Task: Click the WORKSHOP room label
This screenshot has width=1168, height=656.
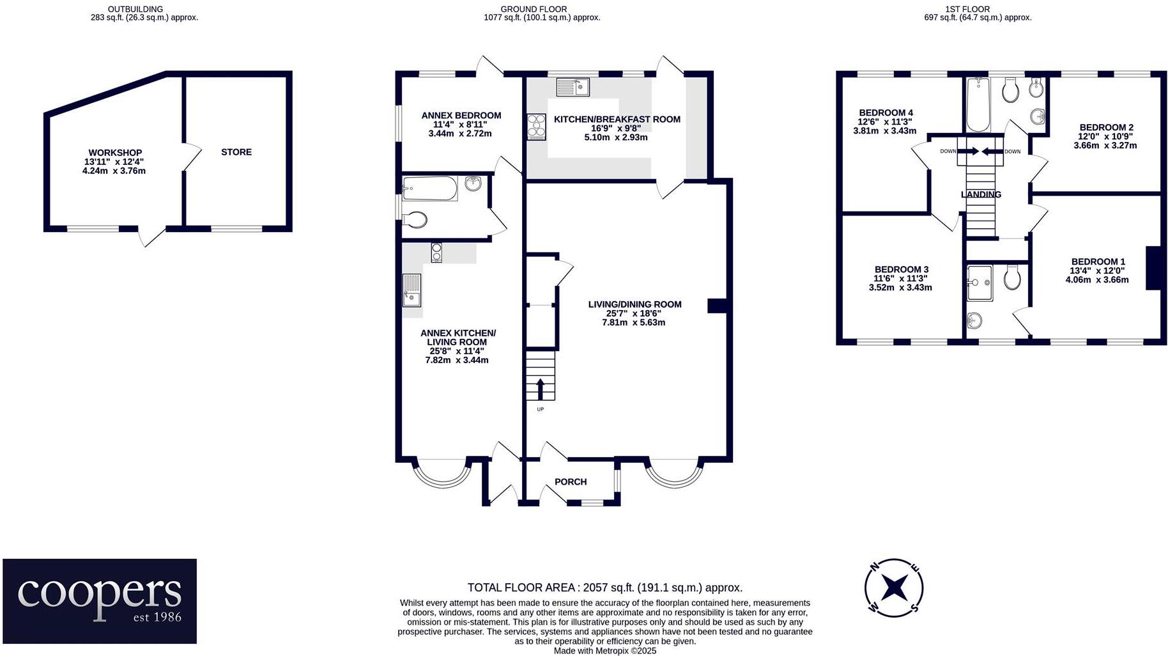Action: pyautogui.click(x=115, y=153)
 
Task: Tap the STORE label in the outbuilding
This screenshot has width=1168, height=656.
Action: pyautogui.click(x=236, y=152)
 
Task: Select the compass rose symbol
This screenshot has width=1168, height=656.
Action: pyautogui.click(x=893, y=587)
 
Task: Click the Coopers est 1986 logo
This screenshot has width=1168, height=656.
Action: pyautogui.click(x=100, y=600)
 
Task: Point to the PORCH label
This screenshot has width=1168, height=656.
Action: pyautogui.click(x=570, y=482)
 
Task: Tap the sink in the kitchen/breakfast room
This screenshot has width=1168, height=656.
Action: pyautogui.click(x=572, y=87)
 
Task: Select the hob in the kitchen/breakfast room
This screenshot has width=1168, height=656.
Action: pyautogui.click(x=536, y=126)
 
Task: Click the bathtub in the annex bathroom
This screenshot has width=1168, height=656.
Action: pyautogui.click(x=430, y=189)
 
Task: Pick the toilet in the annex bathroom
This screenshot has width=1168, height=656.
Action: pyautogui.click(x=415, y=220)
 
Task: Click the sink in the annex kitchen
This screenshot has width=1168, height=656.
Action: pyautogui.click(x=412, y=290)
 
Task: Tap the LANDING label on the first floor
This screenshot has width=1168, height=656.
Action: pyautogui.click(x=981, y=194)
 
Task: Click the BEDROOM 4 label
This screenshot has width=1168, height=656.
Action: pyautogui.click(x=885, y=113)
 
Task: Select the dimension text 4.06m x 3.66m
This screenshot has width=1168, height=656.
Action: pyautogui.click(x=1097, y=279)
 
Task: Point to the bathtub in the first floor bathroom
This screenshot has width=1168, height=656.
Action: pyautogui.click(x=978, y=105)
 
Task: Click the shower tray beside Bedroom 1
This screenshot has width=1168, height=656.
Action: pyautogui.click(x=979, y=283)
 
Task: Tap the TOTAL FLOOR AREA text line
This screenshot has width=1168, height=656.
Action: pyautogui.click(x=604, y=588)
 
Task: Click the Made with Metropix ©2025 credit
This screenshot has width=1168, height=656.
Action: pyautogui.click(x=604, y=651)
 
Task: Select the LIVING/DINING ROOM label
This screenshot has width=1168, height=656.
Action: pyautogui.click(x=634, y=304)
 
